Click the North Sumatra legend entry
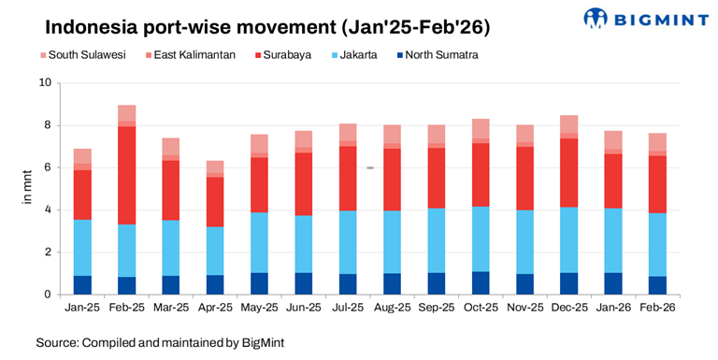pos(448,55)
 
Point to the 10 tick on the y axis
pos(43,83)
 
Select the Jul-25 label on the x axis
pos(348,308)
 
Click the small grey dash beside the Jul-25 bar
pos(370,168)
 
